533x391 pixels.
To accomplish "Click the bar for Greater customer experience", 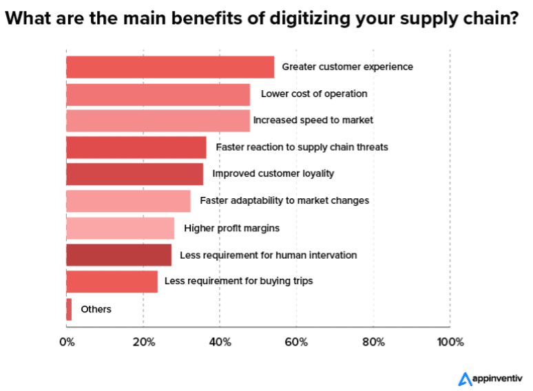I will [x=170, y=67].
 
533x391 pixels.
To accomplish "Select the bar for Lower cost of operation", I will [x=158, y=94].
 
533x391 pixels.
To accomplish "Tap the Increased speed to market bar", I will [x=158, y=120].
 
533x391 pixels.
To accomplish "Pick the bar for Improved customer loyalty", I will [x=134, y=173].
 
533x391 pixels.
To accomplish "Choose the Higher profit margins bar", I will [x=120, y=228].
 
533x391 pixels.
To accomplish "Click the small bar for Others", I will [x=69, y=309].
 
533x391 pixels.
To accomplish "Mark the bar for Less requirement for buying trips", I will [x=112, y=282].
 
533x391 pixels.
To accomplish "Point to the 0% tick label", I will [x=67, y=342].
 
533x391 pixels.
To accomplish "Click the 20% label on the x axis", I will [x=143, y=342].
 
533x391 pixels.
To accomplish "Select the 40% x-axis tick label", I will [x=220, y=342].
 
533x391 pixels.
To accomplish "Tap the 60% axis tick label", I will [x=296, y=342].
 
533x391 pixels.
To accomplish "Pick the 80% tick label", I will [x=373, y=342].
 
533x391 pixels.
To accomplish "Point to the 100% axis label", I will [x=450, y=342].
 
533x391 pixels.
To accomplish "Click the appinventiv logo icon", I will [x=465, y=378].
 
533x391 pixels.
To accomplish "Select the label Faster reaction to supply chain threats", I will [x=302, y=147].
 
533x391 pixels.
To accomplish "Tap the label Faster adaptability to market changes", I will [x=284, y=200].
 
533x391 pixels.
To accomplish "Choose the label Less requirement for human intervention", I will [x=268, y=255].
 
